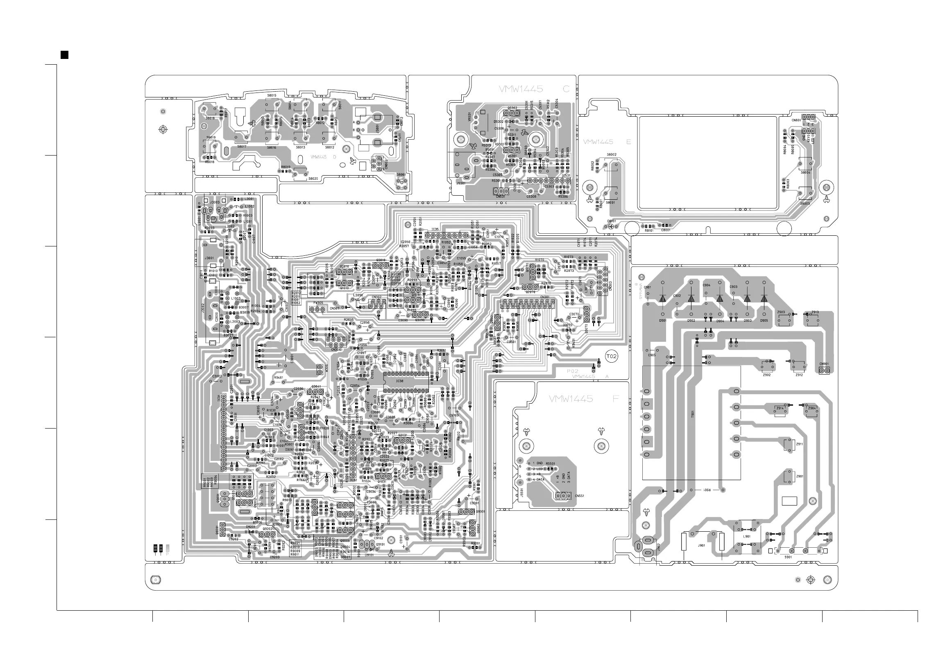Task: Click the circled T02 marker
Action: click(611, 357)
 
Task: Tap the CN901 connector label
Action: click(824, 364)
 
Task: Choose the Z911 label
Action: click(799, 444)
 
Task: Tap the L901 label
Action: click(747, 536)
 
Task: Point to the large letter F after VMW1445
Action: click(615, 399)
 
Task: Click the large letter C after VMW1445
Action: click(567, 89)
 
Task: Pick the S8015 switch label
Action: click(272, 95)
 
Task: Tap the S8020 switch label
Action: click(313, 179)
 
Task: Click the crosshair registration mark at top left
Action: click(163, 130)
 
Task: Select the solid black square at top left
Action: click(64, 55)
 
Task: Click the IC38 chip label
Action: click(399, 381)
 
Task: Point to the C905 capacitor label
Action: click(652, 355)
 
